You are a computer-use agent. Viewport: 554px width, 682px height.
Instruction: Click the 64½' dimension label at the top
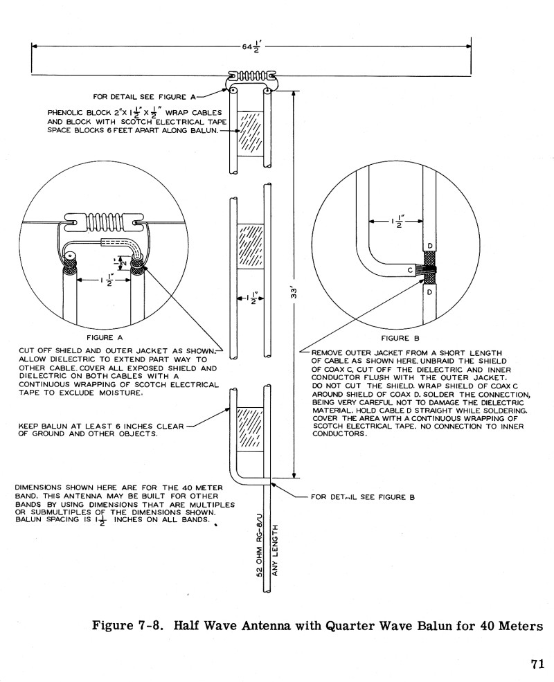click(249, 47)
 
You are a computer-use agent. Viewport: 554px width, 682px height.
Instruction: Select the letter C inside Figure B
click(410, 269)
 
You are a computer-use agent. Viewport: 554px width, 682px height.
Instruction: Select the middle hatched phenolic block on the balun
click(250, 246)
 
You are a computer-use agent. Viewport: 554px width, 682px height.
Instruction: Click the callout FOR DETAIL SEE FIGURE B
click(363, 497)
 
